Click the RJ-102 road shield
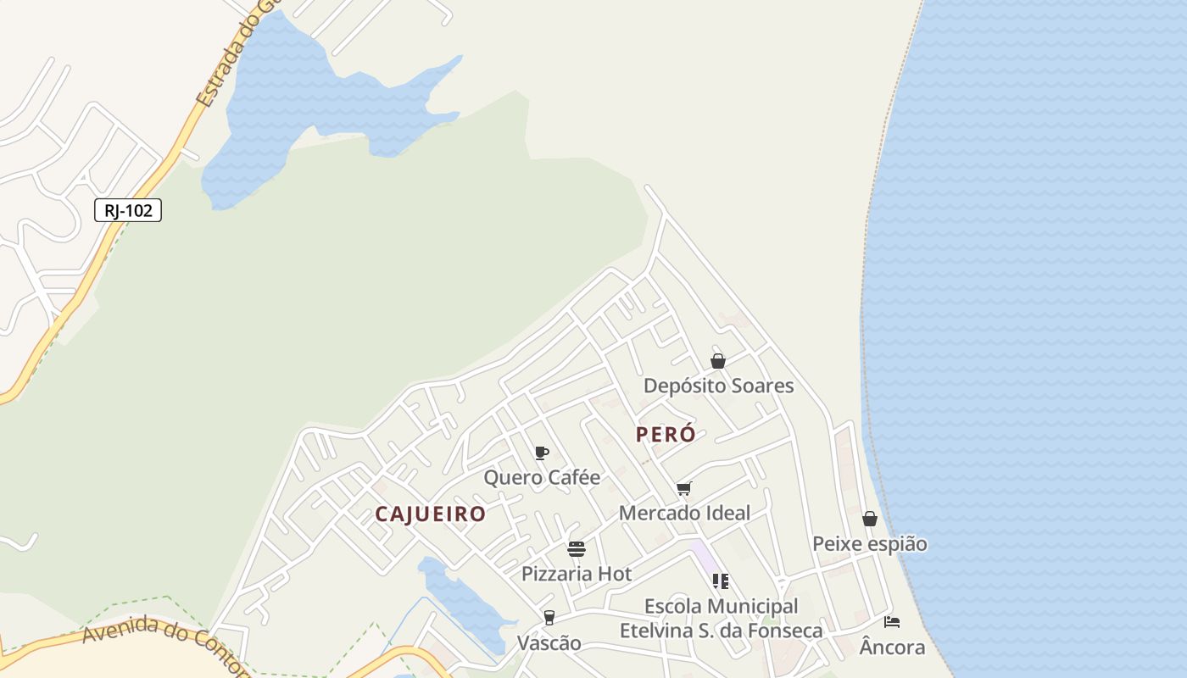tap(128, 210)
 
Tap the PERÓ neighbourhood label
tap(666, 434)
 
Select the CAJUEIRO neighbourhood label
tap(431, 514)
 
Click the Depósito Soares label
tap(718, 386)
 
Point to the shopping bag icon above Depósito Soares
tap(718, 361)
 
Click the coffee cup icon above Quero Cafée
tap(542, 453)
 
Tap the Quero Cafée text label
tap(542, 477)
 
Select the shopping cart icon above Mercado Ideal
tap(684, 488)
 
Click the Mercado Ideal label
tap(684, 513)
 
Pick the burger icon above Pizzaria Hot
tap(577, 549)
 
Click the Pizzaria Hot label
tap(577, 574)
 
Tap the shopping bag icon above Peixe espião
tap(870, 519)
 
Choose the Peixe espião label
tap(870, 543)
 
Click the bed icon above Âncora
tap(892, 622)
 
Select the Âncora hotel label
tap(892, 647)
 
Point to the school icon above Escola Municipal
tap(721, 581)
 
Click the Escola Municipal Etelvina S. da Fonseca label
tap(721, 619)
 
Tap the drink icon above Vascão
tap(549, 618)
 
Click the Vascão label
tap(549, 643)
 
